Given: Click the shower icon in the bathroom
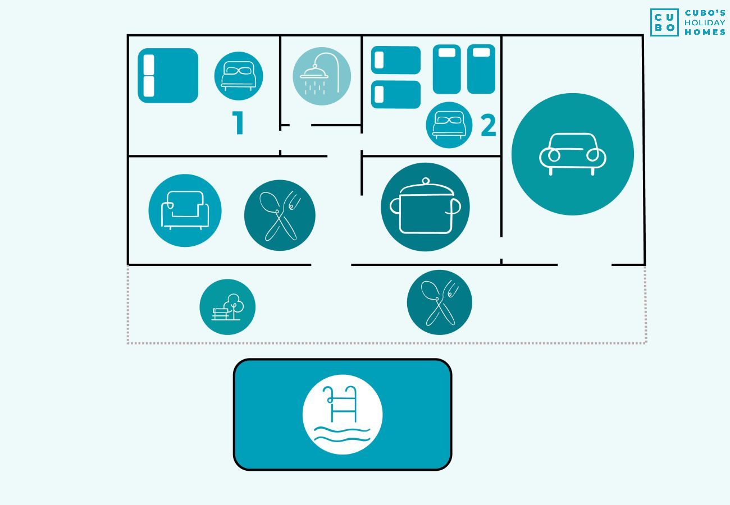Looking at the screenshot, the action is pyautogui.click(x=322, y=76).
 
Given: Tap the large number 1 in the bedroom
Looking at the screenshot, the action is pyautogui.click(x=238, y=122).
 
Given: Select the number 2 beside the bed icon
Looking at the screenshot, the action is pyautogui.click(x=488, y=125).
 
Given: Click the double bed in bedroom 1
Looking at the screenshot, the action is pyautogui.click(x=168, y=76).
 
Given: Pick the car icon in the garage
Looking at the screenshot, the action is pyautogui.click(x=573, y=154).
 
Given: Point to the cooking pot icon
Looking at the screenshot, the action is pyautogui.click(x=425, y=207).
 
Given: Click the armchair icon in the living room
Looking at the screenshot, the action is pyautogui.click(x=185, y=210).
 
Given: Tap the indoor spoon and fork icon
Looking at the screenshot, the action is pyautogui.click(x=280, y=215).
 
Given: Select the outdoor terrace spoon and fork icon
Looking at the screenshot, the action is pyautogui.click(x=439, y=302).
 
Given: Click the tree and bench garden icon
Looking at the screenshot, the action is pyautogui.click(x=227, y=307).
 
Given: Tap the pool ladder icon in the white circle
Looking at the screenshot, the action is pyautogui.click(x=343, y=415).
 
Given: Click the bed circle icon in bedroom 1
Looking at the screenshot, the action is pyautogui.click(x=239, y=76).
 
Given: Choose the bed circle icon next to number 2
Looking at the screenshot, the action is pyautogui.click(x=449, y=125).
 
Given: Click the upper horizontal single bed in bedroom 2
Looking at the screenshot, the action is pyautogui.click(x=396, y=60).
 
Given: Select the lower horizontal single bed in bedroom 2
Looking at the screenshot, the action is pyautogui.click(x=396, y=94).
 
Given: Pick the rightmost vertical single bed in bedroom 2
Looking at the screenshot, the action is pyautogui.click(x=481, y=69).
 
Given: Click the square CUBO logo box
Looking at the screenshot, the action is pyautogui.click(x=664, y=22).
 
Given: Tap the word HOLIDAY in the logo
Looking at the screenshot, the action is pyautogui.click(x=705, y=23).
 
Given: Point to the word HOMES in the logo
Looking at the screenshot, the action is pyautogui.click(x=705, y=32).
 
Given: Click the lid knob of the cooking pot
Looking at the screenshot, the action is pyautogui.click(x=426, y=181).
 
